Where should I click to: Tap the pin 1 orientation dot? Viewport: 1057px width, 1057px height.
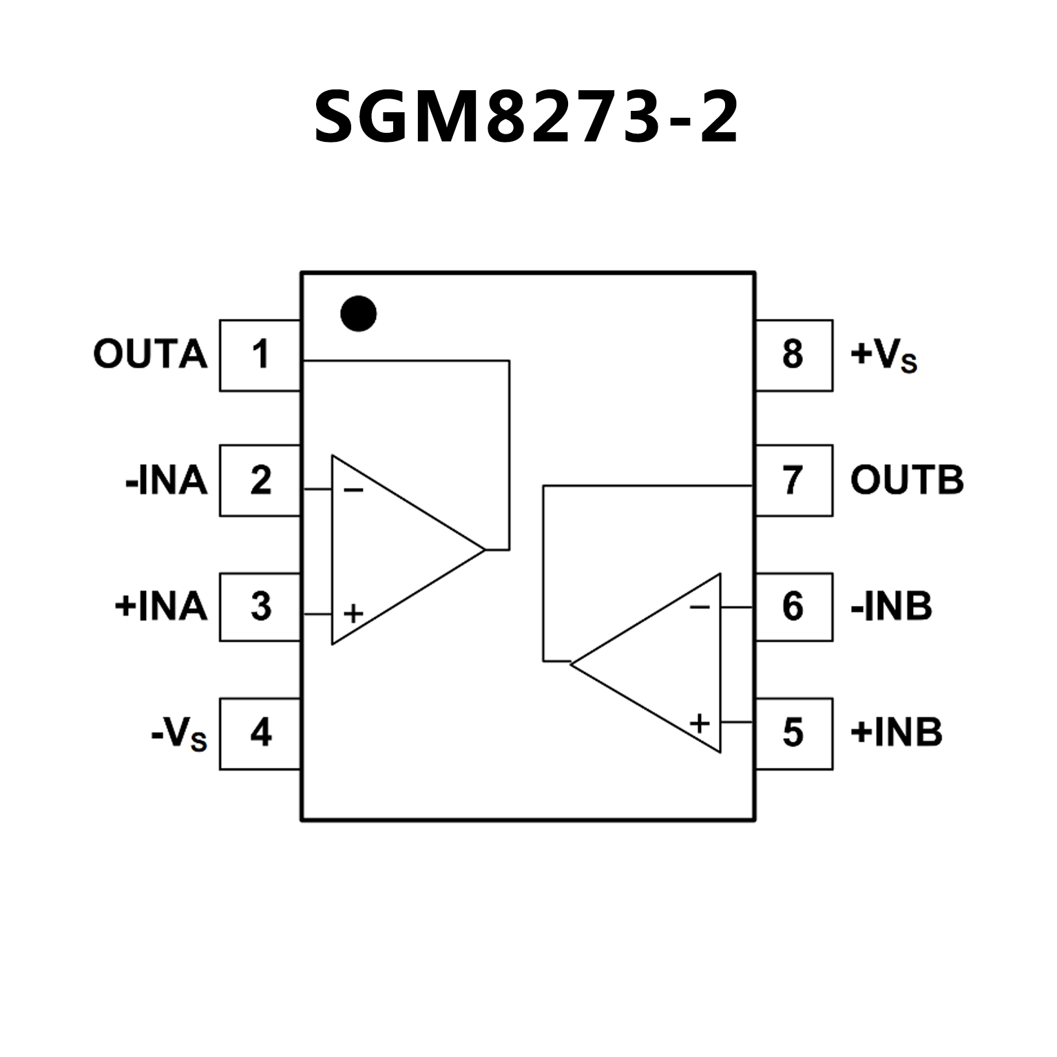point(358,314)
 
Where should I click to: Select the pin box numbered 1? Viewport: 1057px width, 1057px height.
point(260,355)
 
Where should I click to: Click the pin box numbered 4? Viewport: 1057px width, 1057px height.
point(260,733)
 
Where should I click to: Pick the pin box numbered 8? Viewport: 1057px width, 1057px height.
point(793,355)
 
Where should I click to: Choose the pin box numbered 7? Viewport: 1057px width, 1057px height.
point(793,481)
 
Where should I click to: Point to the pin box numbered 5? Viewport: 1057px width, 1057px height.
point(793,733)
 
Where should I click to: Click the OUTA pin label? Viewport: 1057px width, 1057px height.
point(150,355)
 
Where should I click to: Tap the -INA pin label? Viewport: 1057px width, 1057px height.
point(166,481)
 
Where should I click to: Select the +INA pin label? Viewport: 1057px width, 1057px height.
point(160,607)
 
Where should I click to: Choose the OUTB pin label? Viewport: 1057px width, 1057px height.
point(907,481)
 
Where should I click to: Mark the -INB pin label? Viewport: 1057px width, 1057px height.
point(891,607)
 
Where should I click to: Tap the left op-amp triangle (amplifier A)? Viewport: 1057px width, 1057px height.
point(393,550)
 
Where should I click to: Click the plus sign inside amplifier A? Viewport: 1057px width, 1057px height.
point(353,614)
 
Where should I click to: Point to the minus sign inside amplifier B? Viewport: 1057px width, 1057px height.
point(700,607)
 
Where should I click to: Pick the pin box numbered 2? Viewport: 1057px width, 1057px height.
point(260,481)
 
